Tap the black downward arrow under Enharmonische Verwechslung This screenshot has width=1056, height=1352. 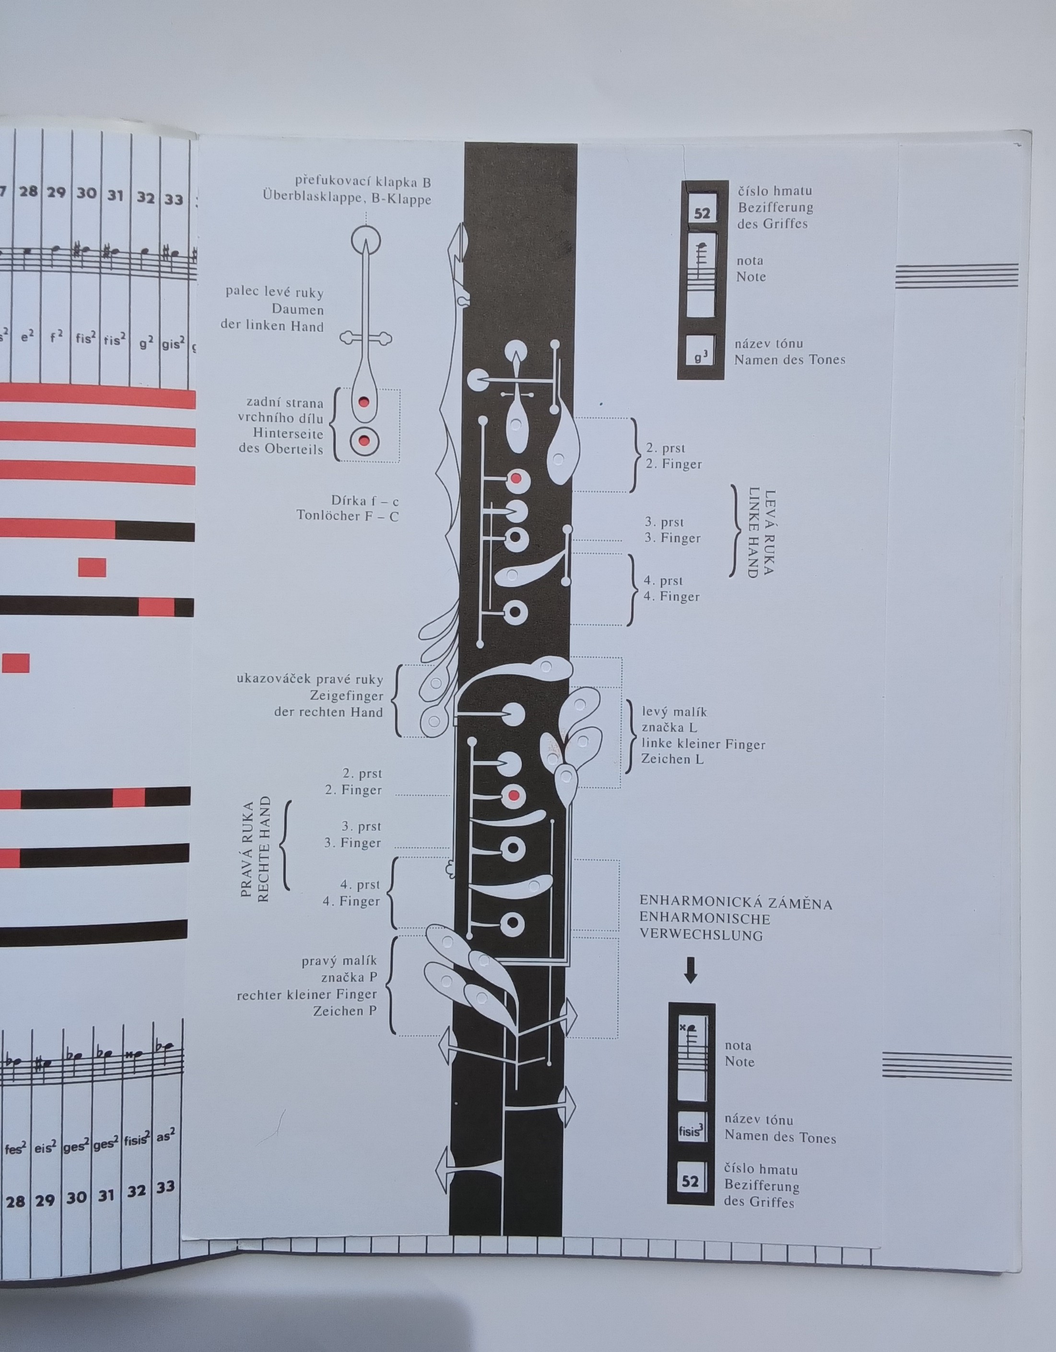pos(690,970)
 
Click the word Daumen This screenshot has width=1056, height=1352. pos(298,309)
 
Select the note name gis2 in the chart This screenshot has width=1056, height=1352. pos(173,343)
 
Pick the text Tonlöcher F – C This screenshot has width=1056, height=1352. pos(347,516)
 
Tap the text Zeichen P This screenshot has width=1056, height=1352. pos(345,1011)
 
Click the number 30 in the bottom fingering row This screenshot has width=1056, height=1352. pos(76,1198)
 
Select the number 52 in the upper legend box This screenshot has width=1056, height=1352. pos(702,213)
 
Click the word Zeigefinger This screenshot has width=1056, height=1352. pos(347,696)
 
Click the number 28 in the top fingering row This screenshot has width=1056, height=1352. pos(28,192)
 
